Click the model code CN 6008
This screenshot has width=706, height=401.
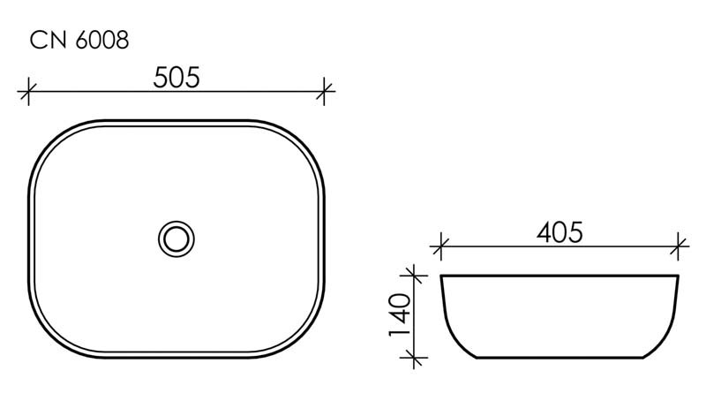click(x=80, y=40)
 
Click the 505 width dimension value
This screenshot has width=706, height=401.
click(x=176, y=77)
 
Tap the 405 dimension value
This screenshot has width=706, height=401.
click(x=560, y=232)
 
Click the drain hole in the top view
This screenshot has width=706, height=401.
click(x=176, y=238)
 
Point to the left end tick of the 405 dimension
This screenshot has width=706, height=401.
click(x=441, y=245)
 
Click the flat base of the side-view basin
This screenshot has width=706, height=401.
click(x=560, y=358)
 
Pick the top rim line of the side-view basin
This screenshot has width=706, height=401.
click(x=560, y=276)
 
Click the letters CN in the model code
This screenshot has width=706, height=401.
click(x=46, y=40)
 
